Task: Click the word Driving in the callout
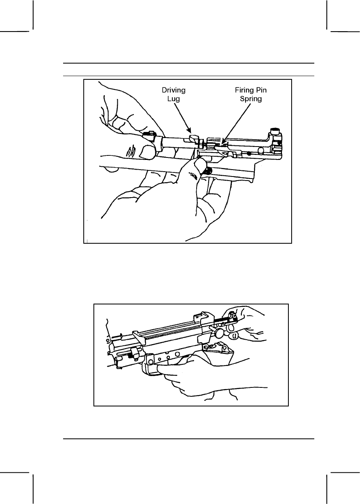click(x=174, y=90)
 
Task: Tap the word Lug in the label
click(x=174, y=98)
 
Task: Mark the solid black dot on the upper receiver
click(x=249, y=154)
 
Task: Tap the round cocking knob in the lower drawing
click(x=220, y=333)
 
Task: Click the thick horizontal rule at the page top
click(x=188, y=63)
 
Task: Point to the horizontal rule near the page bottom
click(x=188, y=438)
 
